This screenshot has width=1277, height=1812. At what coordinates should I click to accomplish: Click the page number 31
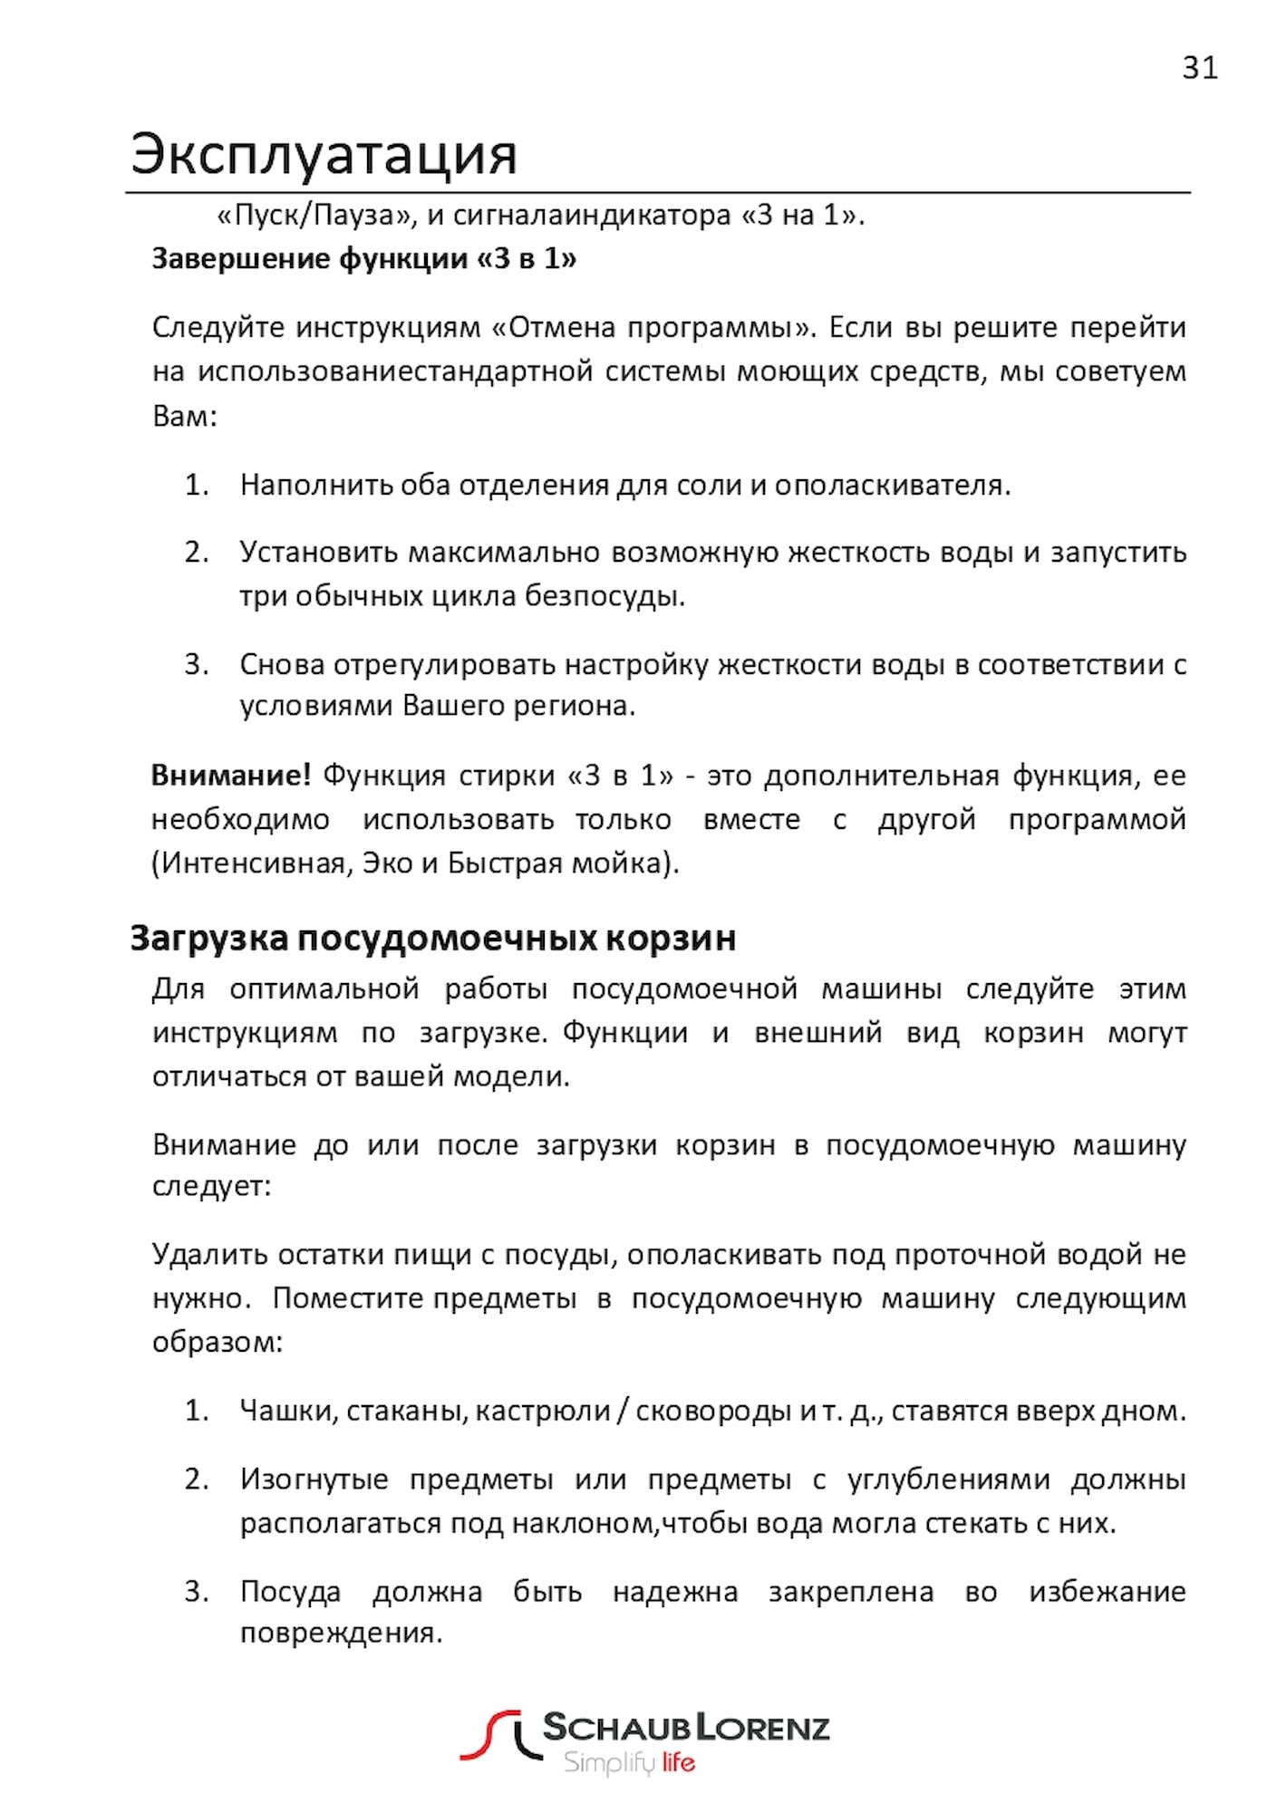point(1199,68)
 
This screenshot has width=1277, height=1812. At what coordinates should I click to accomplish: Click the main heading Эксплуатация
point(324,154)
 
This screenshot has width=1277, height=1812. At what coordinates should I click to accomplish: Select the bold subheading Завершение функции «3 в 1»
point(363,259)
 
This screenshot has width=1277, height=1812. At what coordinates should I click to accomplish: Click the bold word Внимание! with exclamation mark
point(231,776)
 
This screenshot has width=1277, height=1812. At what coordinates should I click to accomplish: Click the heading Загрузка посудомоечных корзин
point(432,938)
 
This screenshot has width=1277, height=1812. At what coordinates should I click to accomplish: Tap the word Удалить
point(208,1255)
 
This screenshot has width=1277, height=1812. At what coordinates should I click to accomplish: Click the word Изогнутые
point(314,1479)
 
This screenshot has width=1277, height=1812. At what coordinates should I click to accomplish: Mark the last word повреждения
point(341,1633)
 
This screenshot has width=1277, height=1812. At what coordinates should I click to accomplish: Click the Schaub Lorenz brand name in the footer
point(685,1729)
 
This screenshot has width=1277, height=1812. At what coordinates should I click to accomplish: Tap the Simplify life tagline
point(629,1763)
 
